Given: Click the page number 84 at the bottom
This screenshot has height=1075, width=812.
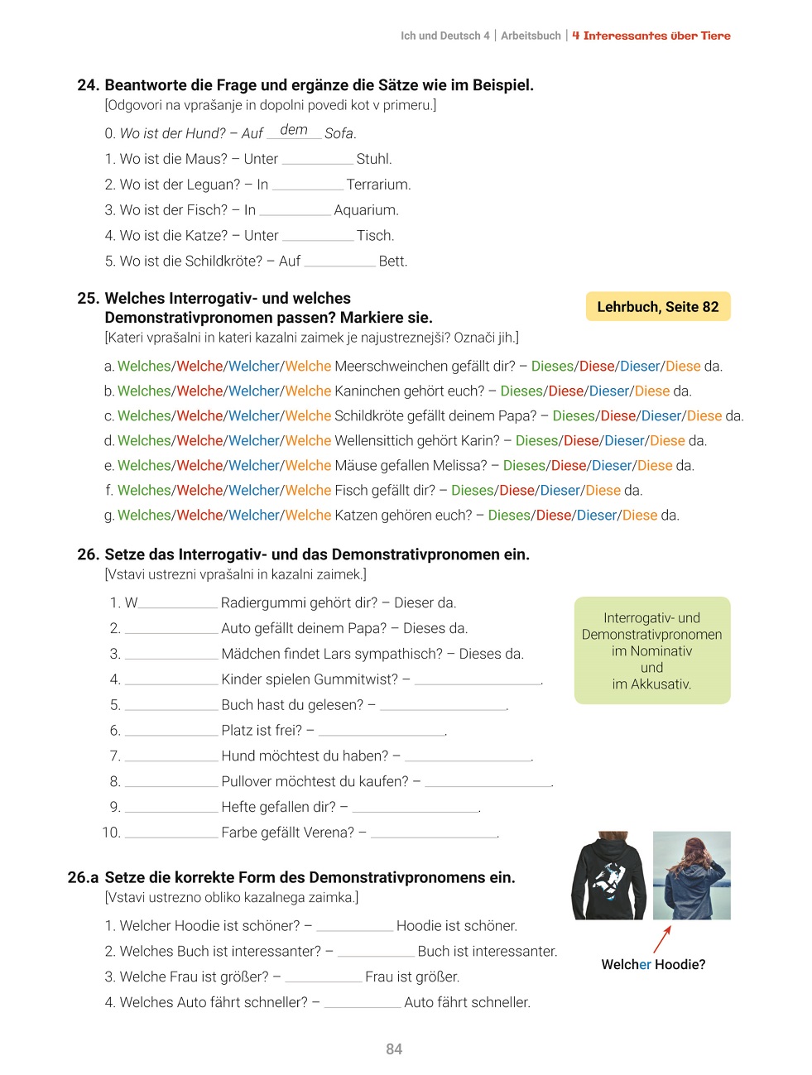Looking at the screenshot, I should point(394,1049).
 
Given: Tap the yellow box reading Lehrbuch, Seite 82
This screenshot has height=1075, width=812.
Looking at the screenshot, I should point(658,307).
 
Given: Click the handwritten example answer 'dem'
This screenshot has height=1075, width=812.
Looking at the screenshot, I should point(294,130).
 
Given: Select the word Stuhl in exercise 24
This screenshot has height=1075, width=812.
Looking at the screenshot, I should point(374,159).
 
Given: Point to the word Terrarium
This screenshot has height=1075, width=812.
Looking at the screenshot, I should point(378,185).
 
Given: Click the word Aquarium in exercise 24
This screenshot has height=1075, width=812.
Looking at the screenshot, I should point(366,210).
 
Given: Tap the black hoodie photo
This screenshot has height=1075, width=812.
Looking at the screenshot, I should point(609,876).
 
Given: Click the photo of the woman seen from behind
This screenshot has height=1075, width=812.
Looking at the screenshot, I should point(692,876).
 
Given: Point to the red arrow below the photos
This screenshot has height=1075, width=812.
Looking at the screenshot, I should point(662,939).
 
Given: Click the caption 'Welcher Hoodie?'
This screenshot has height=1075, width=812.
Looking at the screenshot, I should point(653,965).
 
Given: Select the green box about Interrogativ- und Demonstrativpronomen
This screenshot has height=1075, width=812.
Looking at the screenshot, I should point(652,650).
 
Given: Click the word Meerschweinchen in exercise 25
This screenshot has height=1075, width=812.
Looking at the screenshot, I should point(383,367).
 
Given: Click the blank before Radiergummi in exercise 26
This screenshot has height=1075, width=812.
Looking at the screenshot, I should point(178,604).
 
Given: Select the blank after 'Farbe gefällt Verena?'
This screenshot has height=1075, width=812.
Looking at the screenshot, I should point(435,833).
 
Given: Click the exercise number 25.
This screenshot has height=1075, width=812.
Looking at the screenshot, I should point(88,299).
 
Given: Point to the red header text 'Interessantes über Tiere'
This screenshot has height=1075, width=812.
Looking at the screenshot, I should point(657,36).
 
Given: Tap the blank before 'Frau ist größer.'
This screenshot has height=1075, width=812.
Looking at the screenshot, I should point(323,978).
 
